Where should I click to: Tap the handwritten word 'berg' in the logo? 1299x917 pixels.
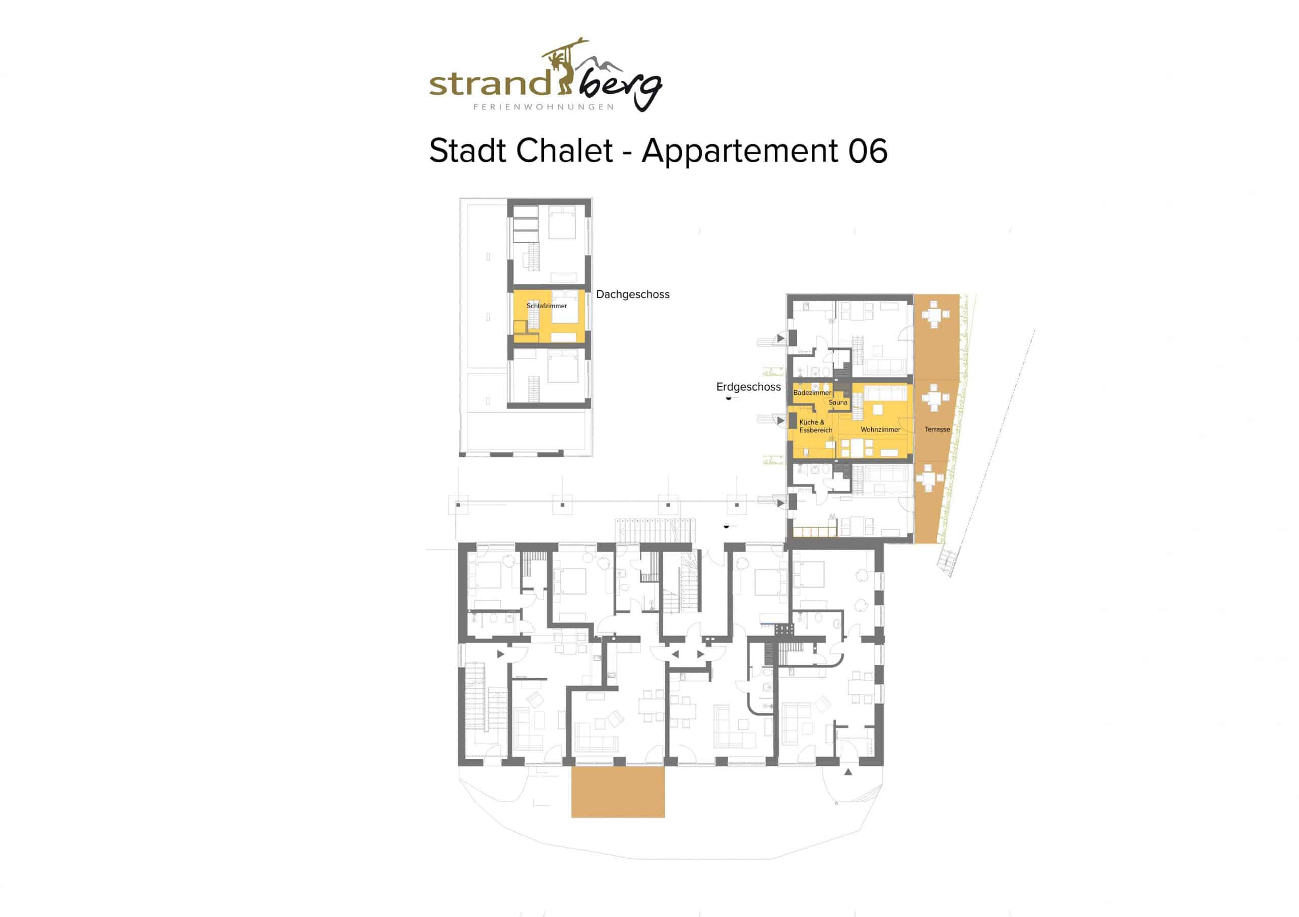click(x=619, y=90)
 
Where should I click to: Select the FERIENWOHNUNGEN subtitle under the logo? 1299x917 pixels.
click(x=543, y=106)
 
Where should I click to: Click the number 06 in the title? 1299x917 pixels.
click(x=867, y=151)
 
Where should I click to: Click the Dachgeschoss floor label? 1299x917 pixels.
click(x=633, y=294)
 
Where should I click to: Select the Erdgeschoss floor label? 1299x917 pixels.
click(x=748, y=387)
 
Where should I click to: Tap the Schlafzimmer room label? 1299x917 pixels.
click(x=546, y=306)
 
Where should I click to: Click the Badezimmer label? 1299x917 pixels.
click(x=812, y=392)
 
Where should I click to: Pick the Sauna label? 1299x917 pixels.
click(x=838, y=402)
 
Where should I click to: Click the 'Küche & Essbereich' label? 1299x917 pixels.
click(x=815, y=426)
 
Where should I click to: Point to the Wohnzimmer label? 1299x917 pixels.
click(x=880, y=430)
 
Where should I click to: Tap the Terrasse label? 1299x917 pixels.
click(x=937, y=429)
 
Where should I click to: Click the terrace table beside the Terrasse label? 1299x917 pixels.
click(x=935, y=398)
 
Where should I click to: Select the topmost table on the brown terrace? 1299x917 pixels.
click(x=935, y=314)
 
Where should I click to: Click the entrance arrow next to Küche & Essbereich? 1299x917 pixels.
click(x=781, y=421)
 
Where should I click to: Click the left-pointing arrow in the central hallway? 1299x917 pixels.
click(x=675, y=654)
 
